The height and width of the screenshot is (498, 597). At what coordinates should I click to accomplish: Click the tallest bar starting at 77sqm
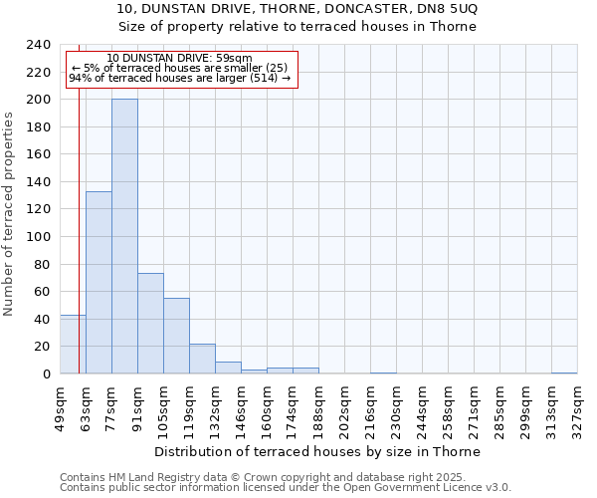pyautogui.click(x=124, y=236)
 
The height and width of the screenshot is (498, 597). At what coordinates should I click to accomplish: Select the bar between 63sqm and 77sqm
pyautogui.click(x=99, y=282)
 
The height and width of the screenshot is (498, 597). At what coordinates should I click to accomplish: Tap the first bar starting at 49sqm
pyautogui.click(x=73, y=344)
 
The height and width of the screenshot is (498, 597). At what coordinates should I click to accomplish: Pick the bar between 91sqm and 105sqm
pyautogui.click(x=150, y=323)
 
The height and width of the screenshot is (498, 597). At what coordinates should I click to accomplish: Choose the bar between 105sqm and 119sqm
pyautogui.click(x=176, y=336)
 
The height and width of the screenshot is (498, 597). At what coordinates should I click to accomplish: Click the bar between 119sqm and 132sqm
pyautogui.click(x=202, y=359)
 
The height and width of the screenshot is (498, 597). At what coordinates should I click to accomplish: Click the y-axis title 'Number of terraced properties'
pyautogui.click(x=9, y=213)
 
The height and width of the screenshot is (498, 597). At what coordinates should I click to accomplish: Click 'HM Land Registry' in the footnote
pyautogui.click(x=134, y=477)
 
